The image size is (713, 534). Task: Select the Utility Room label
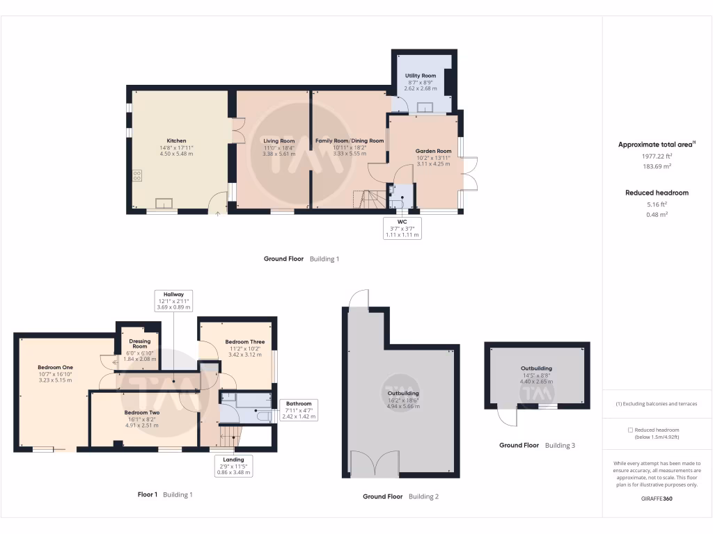pos(421,76)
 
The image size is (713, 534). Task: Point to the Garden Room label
pos(433,151)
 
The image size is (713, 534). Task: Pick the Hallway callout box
pos(173,300)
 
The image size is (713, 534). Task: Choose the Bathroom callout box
pos(299,410)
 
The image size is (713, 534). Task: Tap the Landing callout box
pos(233,465)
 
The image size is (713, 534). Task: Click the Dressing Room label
pos(140,343)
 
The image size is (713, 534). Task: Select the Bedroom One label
pos(55,367)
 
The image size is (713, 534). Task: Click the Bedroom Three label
pos(244,342)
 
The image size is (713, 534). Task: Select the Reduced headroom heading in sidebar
pos(657,193)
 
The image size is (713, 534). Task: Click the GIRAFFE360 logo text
pos(657,499)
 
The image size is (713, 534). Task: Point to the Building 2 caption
pos(423,496)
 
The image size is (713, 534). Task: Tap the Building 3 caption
pos(560,445)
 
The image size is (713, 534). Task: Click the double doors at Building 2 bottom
pos(375,464)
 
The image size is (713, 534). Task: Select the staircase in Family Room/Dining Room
pos(370,200)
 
